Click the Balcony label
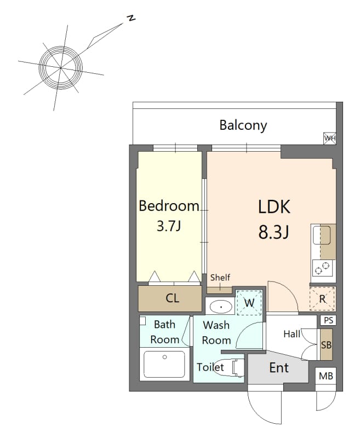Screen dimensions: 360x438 click(x=243, y=125)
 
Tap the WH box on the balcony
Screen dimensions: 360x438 click(x=329, y=139)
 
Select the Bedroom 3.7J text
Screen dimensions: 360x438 click(x=169, y=216)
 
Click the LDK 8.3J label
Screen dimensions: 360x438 click(x=274, y=220)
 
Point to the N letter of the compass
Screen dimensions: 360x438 click(x=131, y=18)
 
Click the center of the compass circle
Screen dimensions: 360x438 click(x=61, y=67)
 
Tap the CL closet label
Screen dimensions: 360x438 click(x=172, y=298)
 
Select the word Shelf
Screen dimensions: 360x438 click(x=220, y=278)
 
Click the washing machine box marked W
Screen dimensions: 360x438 click(x=249, y=303)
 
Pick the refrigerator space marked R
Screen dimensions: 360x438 click(x=322, y=298)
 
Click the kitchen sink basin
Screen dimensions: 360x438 click(x=322, y=235)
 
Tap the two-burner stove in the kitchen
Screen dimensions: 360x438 click(x=322, y=268)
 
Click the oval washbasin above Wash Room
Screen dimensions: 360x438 click(x=221, y=307)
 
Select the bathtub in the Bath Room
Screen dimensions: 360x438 click(x=164, y=364)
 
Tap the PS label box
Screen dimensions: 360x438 click(x=328, y=320)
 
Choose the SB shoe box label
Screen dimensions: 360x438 click(x=326, y=345)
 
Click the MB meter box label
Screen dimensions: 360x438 click(x=326, y=376)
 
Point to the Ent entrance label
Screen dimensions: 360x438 click(x=279, y=367)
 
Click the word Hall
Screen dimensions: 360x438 click(x=292, y=334)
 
